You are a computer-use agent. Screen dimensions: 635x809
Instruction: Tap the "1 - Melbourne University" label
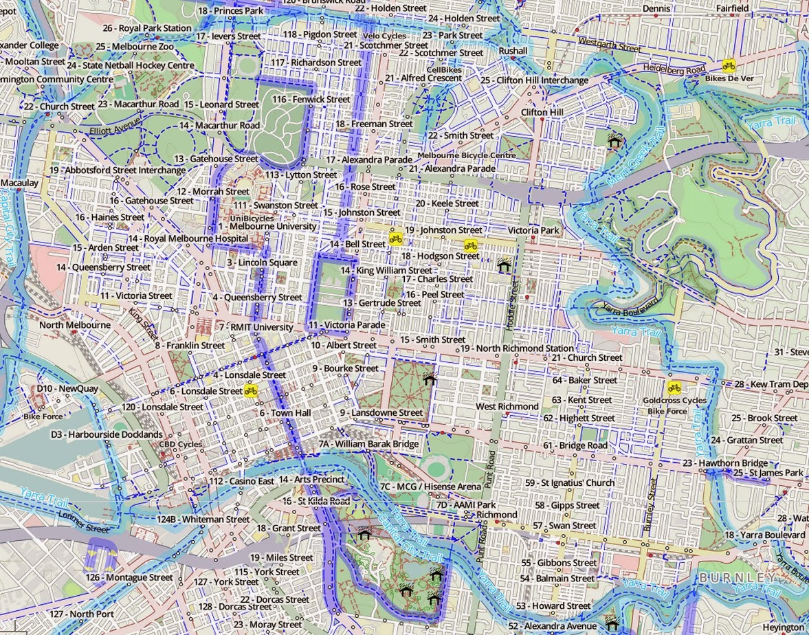268,226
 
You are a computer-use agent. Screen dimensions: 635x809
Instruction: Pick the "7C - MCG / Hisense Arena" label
430,487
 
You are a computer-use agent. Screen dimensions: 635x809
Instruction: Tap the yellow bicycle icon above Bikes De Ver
729,66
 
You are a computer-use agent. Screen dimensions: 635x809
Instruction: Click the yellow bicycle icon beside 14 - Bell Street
395,238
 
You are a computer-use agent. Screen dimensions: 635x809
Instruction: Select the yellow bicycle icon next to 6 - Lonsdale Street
251,391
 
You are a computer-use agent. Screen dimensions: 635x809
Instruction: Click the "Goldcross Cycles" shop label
674,400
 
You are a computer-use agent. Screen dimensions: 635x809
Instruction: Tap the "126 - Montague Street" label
129,577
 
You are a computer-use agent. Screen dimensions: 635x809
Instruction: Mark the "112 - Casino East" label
242,481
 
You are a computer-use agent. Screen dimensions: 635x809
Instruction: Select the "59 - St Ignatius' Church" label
569,483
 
